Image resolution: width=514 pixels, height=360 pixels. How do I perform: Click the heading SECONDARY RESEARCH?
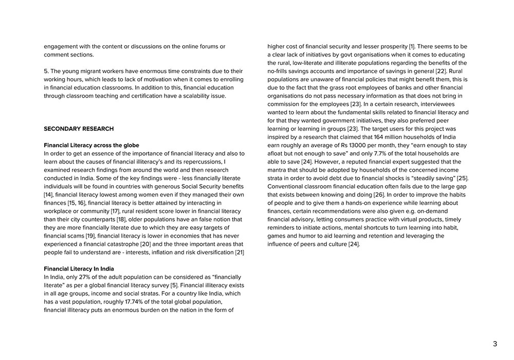pos(79,129)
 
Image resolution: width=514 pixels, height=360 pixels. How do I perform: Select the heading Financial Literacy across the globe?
pos(91,145)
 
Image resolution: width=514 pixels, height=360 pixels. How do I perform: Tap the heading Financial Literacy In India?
pos(79,268)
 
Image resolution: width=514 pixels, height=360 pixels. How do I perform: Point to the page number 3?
pos(495,344)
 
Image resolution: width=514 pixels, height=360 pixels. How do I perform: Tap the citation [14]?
pos(49,194)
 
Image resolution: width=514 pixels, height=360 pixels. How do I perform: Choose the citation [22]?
pos(441,71)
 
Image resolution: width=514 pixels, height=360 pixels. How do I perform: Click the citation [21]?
pos(240,252)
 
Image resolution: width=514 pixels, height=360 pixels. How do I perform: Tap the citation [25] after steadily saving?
pos(462,178)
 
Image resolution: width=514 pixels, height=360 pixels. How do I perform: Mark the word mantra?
pos(278,170)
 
